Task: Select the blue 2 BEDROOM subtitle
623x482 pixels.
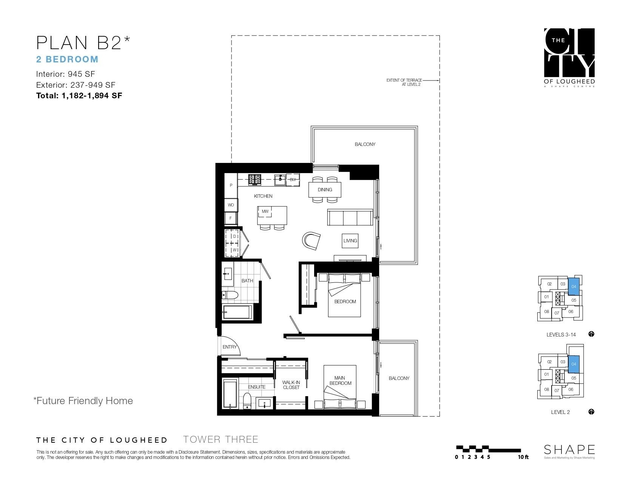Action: point(67,59)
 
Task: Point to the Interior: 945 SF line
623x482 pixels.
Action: point(65,74)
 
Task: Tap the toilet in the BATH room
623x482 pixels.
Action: point(230,295)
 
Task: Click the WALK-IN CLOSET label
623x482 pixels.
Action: point(291,385)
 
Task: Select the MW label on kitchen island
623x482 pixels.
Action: point(265,211)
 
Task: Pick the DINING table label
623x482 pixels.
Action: point(325,189)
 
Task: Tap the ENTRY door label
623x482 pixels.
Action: point(229,347)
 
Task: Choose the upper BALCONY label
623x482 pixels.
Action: point(365,144)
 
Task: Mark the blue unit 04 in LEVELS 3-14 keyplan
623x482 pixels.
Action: point(574,287)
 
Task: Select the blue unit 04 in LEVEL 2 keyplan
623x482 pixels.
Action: point(574,364)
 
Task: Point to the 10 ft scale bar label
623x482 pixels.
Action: point(523,457)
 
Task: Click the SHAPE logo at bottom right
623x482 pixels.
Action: point(569,450)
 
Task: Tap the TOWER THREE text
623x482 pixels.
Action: point(221,439)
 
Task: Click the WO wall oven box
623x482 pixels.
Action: point(231,205)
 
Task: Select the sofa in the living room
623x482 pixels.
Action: point(349,218)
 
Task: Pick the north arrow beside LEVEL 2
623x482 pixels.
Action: point(591,412)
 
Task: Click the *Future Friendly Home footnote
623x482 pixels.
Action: point(83,401)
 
